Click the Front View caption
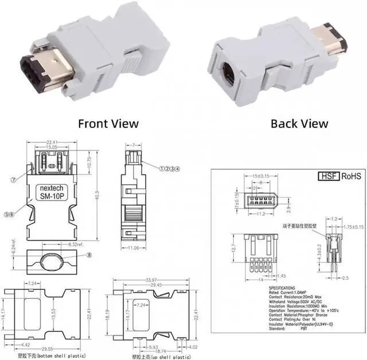(x=108, y=123)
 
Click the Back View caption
(x=299, y=123)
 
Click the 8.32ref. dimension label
(x=60, y=245)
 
